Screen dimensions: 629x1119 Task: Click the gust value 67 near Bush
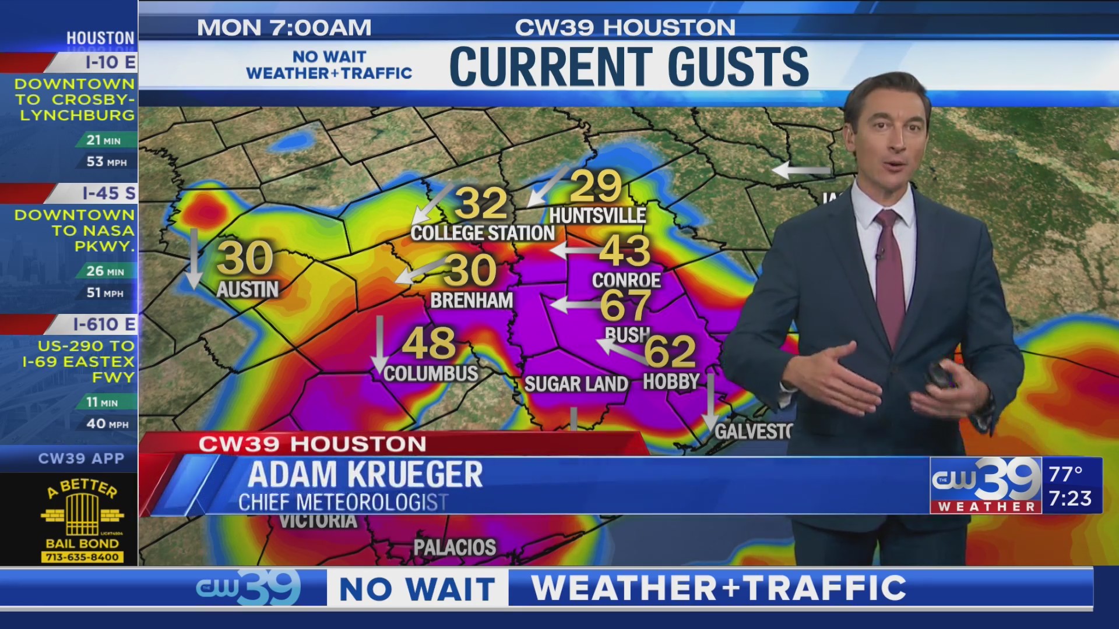(x=625, y=305)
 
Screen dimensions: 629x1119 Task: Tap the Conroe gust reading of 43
(x=625, y=250)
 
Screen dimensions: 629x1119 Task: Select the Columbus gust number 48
(x=428, y=344)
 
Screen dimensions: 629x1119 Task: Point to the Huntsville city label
(x=597, y=216)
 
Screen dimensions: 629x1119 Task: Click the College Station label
(x=483, y=234)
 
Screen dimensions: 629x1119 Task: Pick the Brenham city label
(x=471, y=301)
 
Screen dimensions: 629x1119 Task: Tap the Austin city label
(x=248, y=289)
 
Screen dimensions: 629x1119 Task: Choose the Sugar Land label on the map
(x=576, y=384)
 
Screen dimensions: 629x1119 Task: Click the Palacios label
(x=455, y=547)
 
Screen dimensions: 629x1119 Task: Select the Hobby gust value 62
(x=670, y=351)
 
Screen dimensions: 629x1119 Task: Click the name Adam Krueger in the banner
(x=365, y=475)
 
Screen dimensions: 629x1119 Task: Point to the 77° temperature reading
(x=1065, y=474)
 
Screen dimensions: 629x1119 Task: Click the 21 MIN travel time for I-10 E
(x=103, y=140)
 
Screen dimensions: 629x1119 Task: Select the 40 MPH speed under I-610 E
(x=107, y=424)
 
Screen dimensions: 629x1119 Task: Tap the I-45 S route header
(x=108, y=193)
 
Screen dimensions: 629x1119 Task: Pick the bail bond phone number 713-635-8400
(x=82, y=557)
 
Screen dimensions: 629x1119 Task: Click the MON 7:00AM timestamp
(x=284, y=27)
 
